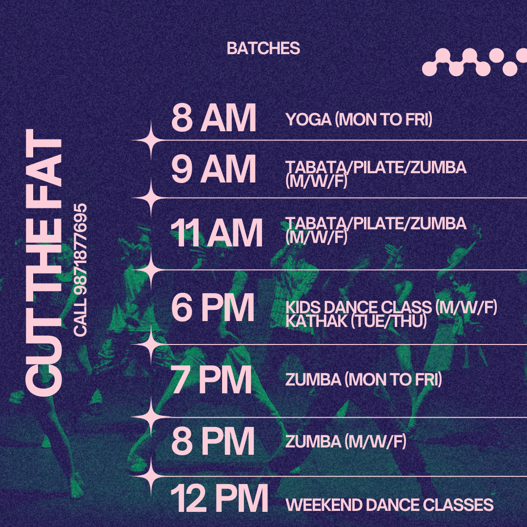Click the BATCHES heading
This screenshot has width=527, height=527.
click(263, 48)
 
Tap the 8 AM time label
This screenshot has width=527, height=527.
click(214, 118)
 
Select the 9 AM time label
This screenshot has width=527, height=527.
click(214, 169)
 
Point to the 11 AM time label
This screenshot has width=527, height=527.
click(216, 233)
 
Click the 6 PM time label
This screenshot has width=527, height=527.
click(213, 307)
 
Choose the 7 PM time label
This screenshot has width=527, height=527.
click(211, 380)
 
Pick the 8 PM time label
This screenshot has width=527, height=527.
click(213, 441)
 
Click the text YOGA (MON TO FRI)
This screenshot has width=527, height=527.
click(359, 120)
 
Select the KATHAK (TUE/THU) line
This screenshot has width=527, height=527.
click(356, 321)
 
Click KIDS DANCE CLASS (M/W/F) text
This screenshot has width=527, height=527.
click(391, 307)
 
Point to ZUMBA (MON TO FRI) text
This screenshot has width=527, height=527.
click(364, 380)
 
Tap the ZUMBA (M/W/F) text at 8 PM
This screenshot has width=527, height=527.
click(346, 441)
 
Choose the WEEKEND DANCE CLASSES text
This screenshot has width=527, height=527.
click(389, 505)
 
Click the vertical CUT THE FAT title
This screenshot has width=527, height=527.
click(44, 263)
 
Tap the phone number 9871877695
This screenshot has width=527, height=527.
click(81, 251)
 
